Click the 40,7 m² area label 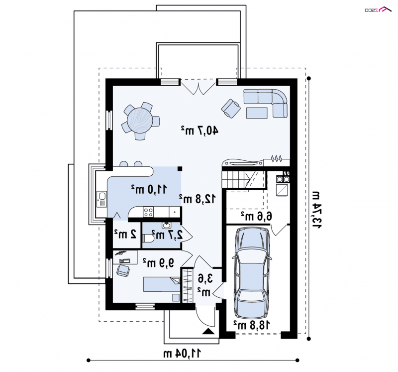click(x=199, y=130)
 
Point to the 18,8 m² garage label click(x=252, y=325)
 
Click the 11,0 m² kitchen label click(x=149, y=189)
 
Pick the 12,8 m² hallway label click(x=198, y=199)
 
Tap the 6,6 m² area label click(x=256, y=216)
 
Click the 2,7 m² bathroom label click(x=167, y=234)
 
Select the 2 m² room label click(x=126, y=234)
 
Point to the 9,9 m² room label click(x=159, y=263)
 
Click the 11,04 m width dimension click(x=182, y=353)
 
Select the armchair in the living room click(x=231, y=109)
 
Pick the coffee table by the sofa click(x=257, y=113)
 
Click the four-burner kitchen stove click(x=148, y=212)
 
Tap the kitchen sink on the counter click(x=102, y=199)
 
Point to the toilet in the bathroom click(x=147, y=239)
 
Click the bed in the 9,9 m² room click(x=162, y=284)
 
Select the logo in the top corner click(x=378, y=9)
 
